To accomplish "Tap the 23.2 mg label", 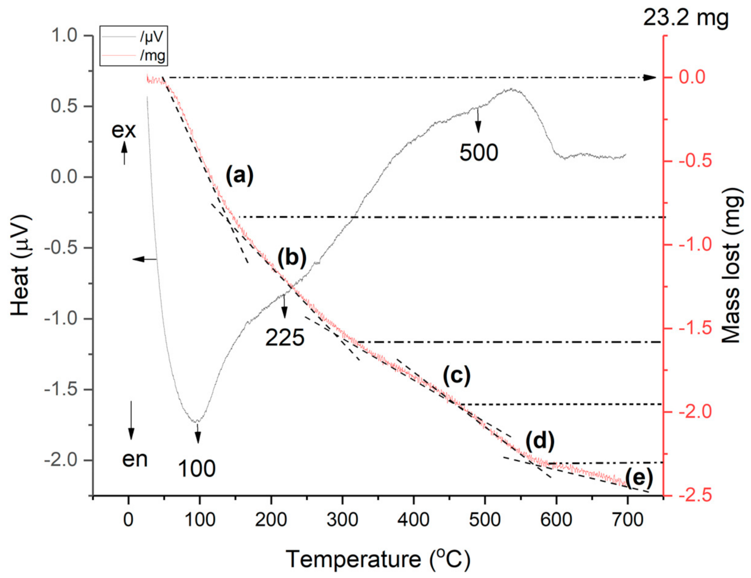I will [685, 18].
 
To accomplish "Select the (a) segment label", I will [239, 175].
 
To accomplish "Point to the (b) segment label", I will [292, 257].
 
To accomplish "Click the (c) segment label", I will [456, 375].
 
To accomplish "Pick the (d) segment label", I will [540, 441].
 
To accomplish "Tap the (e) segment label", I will [638, 478].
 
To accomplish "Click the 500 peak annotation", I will [479, 153].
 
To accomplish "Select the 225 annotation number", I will [285, 338].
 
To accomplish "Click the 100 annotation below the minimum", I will [196, 469].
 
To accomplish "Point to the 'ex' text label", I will [124, 130].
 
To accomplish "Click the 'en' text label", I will [135, 459].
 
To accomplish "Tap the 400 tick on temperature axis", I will [413, 520].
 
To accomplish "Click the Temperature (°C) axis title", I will [378, 559].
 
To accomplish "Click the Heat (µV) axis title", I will [21, 265].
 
